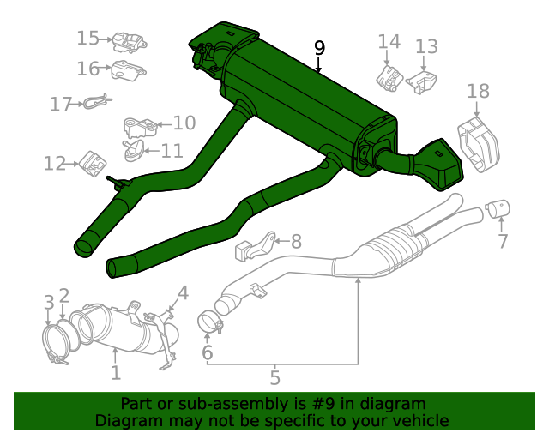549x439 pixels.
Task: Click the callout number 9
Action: (319, 48)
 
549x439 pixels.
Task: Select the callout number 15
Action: (88, 38)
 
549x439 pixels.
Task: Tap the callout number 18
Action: (478, 91)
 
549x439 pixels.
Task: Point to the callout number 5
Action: (274, 376)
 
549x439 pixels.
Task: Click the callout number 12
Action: (55, 162)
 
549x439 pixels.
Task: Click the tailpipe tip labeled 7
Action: (498, 207)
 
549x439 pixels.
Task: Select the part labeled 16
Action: (129, 72)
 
